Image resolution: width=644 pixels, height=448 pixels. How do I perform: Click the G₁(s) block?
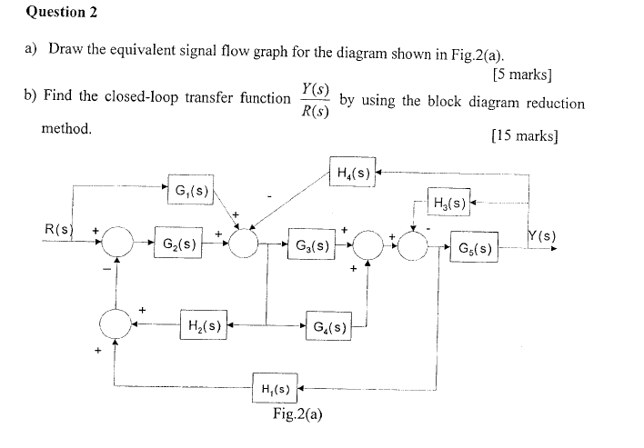click(x=188, y=191)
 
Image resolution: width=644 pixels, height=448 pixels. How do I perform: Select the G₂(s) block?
click(x=178, y=244)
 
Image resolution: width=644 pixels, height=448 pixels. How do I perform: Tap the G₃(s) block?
click(x=312, y=245)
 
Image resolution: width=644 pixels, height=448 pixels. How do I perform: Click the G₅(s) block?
click(x=474, y=246)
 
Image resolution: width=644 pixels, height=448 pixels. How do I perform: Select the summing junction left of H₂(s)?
click(x=116, y=323)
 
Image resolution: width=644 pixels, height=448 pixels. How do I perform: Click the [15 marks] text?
click(x=524, y=136)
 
